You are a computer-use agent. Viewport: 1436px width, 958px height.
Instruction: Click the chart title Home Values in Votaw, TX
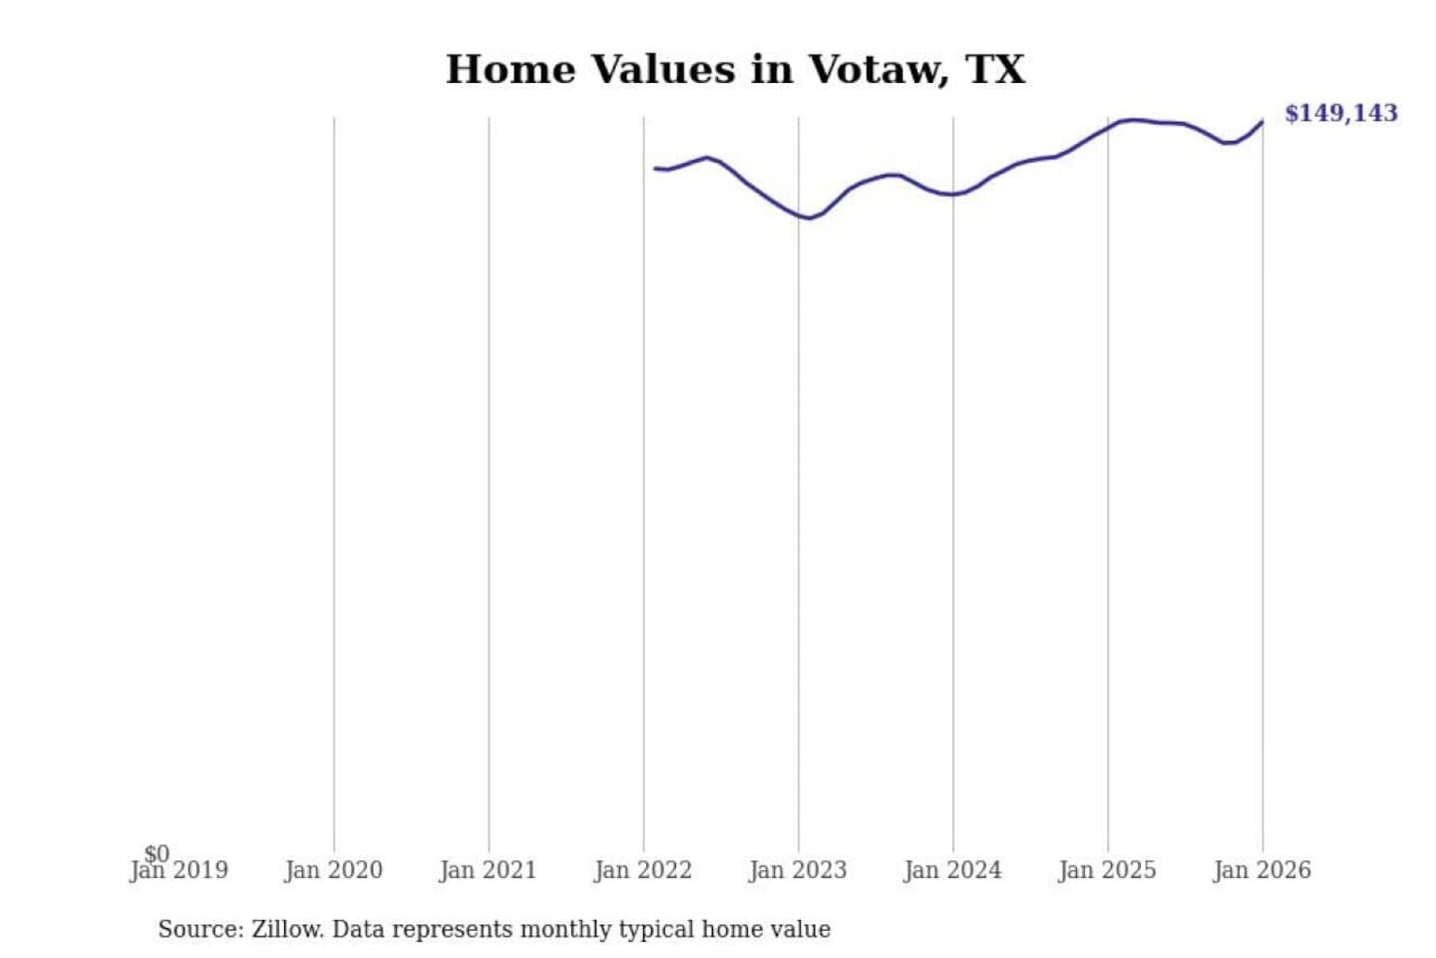click(x=735, y=70)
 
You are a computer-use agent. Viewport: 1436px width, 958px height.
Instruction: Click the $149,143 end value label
click(x=1340, y=113)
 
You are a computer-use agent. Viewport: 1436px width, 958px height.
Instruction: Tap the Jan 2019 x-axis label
click(x=179, y=871)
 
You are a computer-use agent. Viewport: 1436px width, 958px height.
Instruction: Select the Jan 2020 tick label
click(x=333, y=871)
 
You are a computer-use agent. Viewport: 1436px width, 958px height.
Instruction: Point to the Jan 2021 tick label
click(x=488, y=871)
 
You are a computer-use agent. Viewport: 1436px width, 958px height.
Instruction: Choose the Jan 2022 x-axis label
click(x=642, y=871)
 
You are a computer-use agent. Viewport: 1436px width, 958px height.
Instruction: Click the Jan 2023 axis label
click(x=797, y=871)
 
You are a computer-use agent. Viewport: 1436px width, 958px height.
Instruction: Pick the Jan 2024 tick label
click(x=951, y=871)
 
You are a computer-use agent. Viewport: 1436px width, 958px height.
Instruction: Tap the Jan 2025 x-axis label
click(x=1106, y=871)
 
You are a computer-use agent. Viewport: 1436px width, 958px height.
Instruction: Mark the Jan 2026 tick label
click(x=1261, y=871)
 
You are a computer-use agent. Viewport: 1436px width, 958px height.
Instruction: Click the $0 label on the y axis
click(x=157, y=853)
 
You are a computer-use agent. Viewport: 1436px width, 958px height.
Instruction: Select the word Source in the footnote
click(x=197, y=929)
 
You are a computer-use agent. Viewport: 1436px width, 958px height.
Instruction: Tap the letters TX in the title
click(x=995, y=70)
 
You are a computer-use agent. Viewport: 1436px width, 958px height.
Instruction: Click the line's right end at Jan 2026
click(x=1262, y=122)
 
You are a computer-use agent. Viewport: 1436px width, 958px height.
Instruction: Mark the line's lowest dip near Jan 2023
click(x=808, y=218)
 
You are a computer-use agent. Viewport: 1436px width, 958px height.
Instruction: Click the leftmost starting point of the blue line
click(x=655, y=168)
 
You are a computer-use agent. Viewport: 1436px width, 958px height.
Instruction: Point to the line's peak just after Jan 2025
click(x=1133, y=120)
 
